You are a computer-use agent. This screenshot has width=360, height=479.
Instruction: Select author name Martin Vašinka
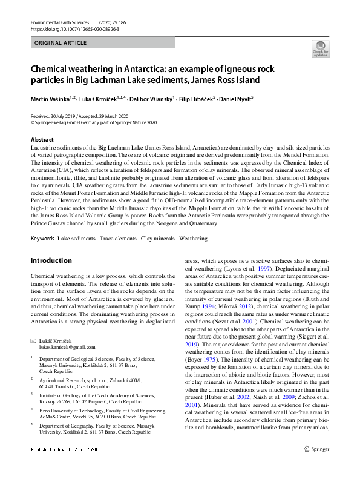(51, 98)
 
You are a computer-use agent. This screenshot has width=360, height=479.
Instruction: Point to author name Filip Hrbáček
(196, 98)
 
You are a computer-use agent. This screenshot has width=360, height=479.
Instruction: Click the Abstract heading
(42, 139)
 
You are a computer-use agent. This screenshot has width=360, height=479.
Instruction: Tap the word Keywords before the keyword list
(43, 239)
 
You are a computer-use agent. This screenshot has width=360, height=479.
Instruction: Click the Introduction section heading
(51, 261)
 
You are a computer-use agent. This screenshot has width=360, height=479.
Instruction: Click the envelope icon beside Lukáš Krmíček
(33, 342)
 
